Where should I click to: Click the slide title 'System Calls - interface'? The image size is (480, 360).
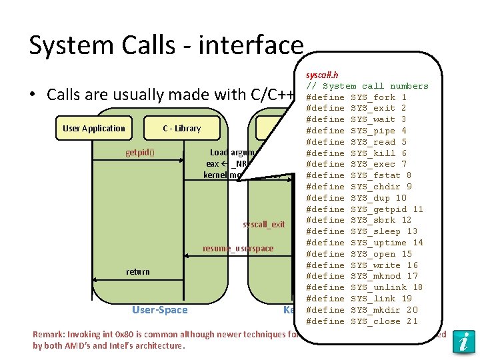pos(166,45)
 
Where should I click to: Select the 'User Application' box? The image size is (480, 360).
pos(94,128)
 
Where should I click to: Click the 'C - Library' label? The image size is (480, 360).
pos(182,128)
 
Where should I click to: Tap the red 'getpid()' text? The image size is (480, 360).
pos(140,152)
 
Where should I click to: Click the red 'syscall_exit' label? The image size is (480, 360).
pos(264,224)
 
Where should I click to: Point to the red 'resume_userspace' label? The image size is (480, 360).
pos(238,249)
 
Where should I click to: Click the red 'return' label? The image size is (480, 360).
pos(138,271)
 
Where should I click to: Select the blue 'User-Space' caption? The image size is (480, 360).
pos(160,309)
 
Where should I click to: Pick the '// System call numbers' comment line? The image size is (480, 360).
pos(367,86)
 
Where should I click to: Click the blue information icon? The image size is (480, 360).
pos(463,341)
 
